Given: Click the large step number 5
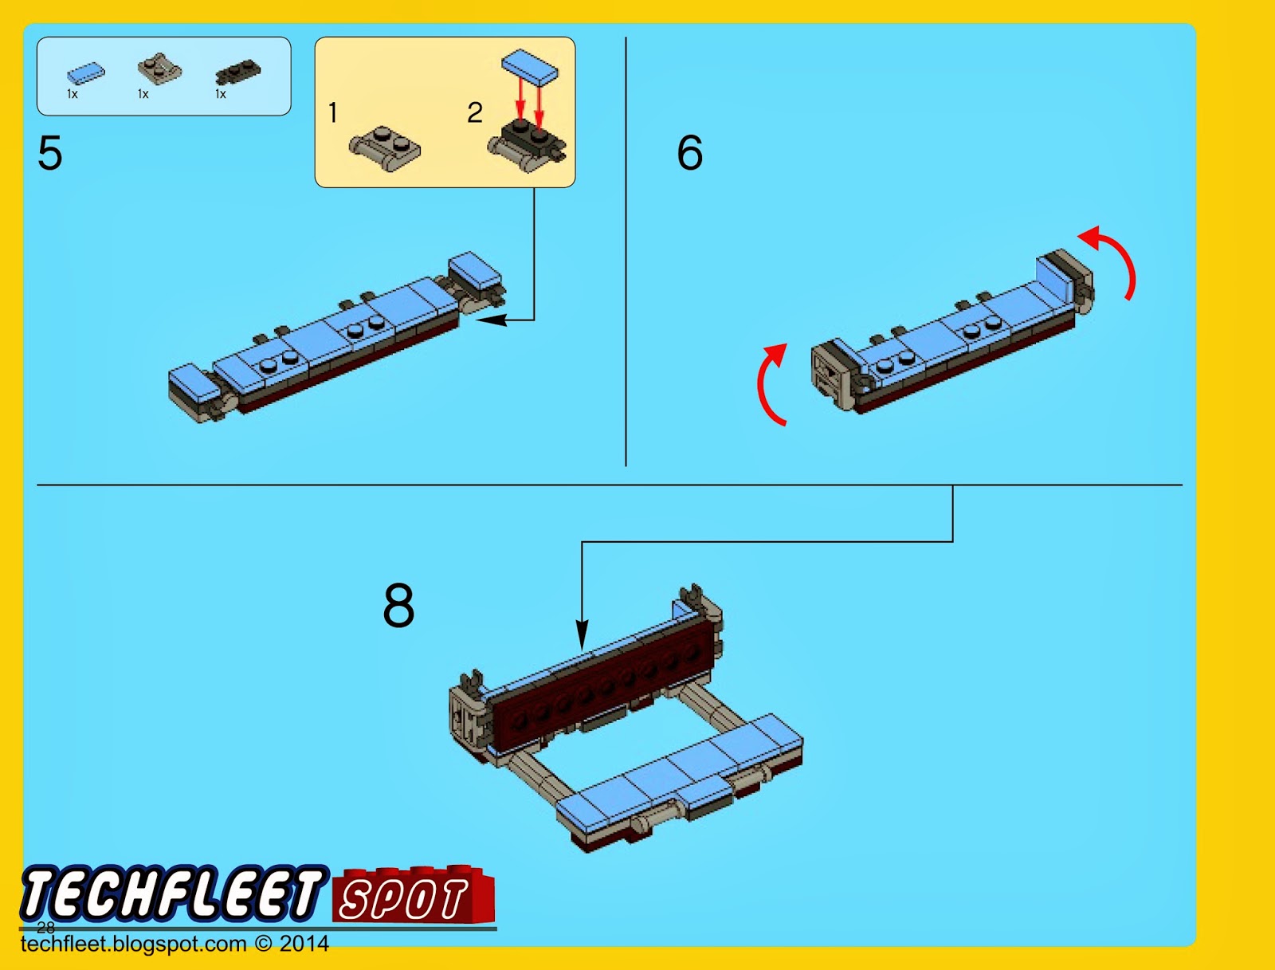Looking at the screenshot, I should point(49,153).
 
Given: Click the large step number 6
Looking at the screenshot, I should point(689,153).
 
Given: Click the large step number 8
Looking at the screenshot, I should point(398,606).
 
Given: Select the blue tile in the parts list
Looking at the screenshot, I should point(85,73).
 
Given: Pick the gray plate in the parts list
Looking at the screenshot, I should point(159,69).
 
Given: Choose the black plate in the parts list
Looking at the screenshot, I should point(237,73).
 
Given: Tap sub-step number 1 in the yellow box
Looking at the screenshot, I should point(333,113).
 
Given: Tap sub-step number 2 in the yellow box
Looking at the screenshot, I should point(474,113).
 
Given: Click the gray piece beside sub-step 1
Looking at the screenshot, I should point(385,148).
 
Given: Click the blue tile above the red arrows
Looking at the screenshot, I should point(529,65).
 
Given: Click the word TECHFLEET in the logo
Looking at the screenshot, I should point(171,893).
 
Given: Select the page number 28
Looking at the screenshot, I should point(46,927).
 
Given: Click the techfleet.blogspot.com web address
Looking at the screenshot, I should point(134,944).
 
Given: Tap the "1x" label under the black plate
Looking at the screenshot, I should point(221,94).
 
